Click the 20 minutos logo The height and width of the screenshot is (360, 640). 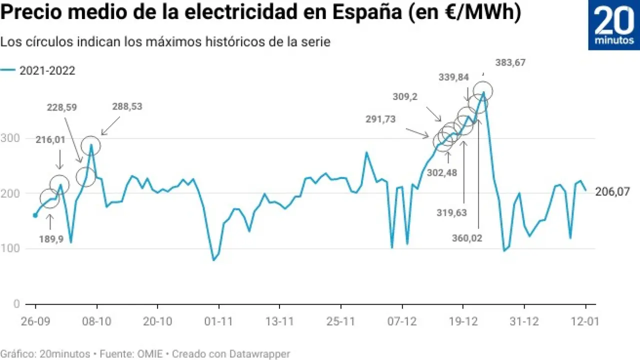[613, 25]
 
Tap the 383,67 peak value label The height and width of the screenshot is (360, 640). [510, 63]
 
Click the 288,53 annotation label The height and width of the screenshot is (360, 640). [129, 107]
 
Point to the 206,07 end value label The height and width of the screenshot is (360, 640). [612, 191]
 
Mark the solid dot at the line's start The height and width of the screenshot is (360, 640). [35, 215]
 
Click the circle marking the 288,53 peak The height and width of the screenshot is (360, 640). [91, 145]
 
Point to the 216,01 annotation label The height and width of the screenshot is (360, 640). [50, 140]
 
